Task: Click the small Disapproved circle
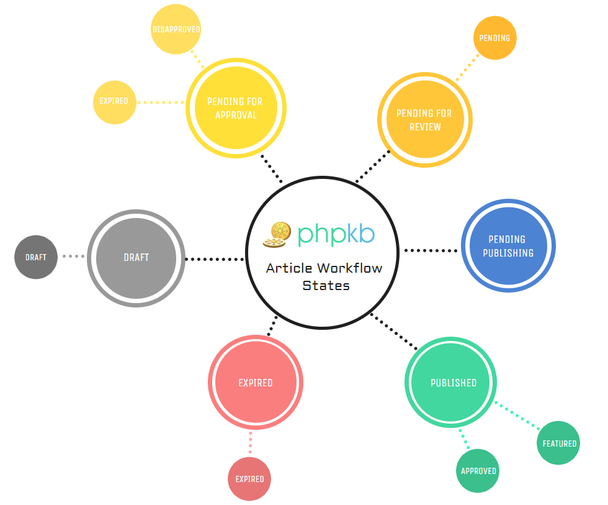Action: [177, 29]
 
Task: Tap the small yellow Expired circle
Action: [114, 101]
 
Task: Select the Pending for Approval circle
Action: [235, 108]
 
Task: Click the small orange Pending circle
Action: [494, 38]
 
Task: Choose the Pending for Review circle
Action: [425, 120]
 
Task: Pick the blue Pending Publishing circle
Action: [507, 246]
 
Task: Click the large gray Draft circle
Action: [136, 258]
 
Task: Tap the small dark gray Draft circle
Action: [36, 257]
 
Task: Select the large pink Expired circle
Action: [256, 383]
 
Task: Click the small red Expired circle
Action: [249, 479]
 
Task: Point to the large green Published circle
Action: [454, 383]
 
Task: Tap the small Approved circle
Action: [478, 471]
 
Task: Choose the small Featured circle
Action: [559, 444]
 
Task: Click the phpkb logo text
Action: [336, 234]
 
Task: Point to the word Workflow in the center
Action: [349, 268]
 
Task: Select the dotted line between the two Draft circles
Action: [73, 256]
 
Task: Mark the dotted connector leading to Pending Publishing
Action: [431, 250]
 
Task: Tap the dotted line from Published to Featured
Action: [517, 414]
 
